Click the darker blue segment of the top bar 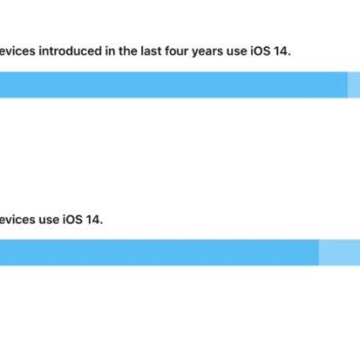click(171, 85)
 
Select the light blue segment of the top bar click(354, 85)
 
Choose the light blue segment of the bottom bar click(339, 253)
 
